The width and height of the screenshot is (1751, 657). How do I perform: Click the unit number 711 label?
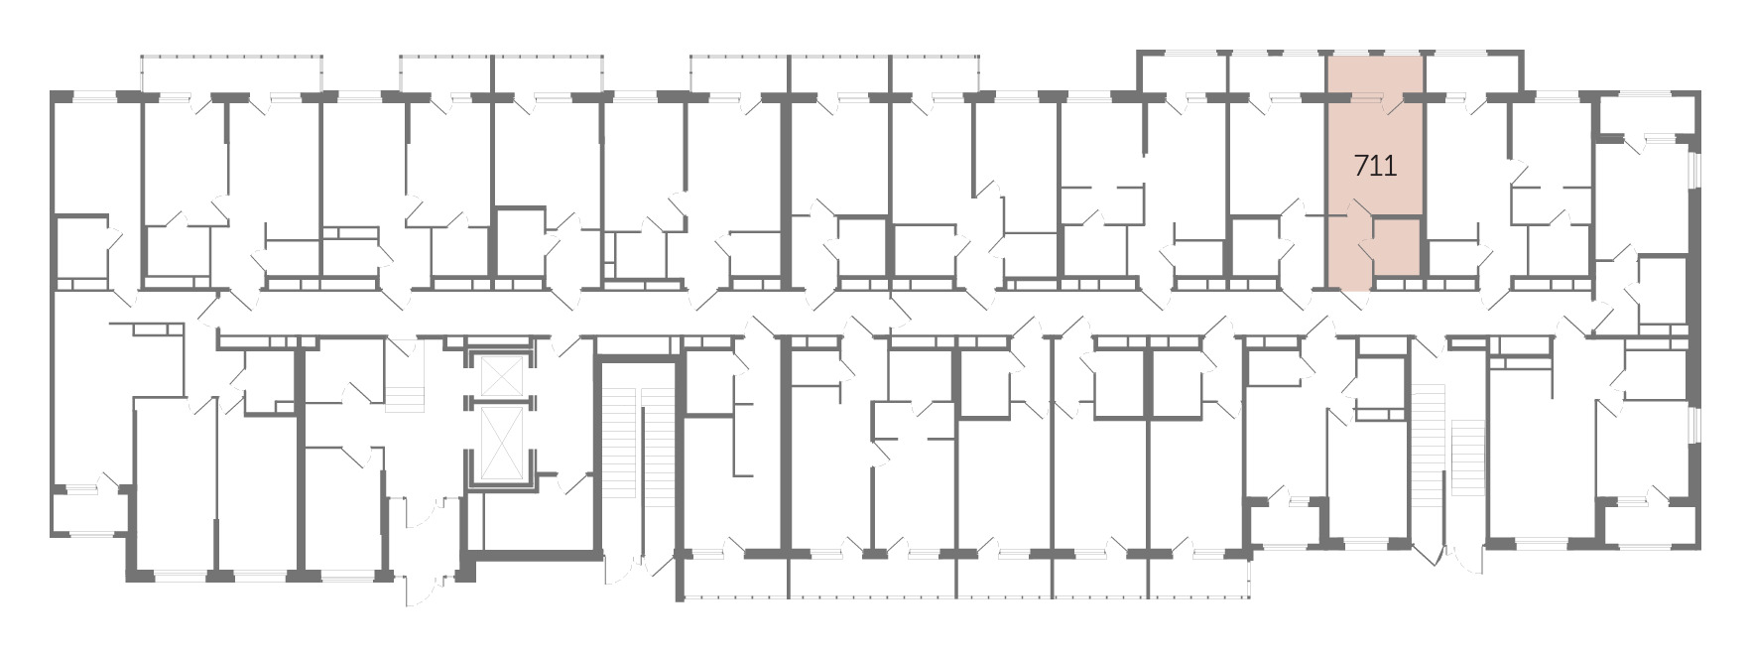(x=1375, y=166)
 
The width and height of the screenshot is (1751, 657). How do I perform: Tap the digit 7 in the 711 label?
(x=1360, y=166)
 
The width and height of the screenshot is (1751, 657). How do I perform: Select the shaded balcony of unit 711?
(x=1375, y=73)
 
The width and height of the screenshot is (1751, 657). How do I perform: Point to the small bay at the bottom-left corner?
(x=89, y=511)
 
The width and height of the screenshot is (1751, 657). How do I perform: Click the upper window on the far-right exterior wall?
(x=1694, y=185)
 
